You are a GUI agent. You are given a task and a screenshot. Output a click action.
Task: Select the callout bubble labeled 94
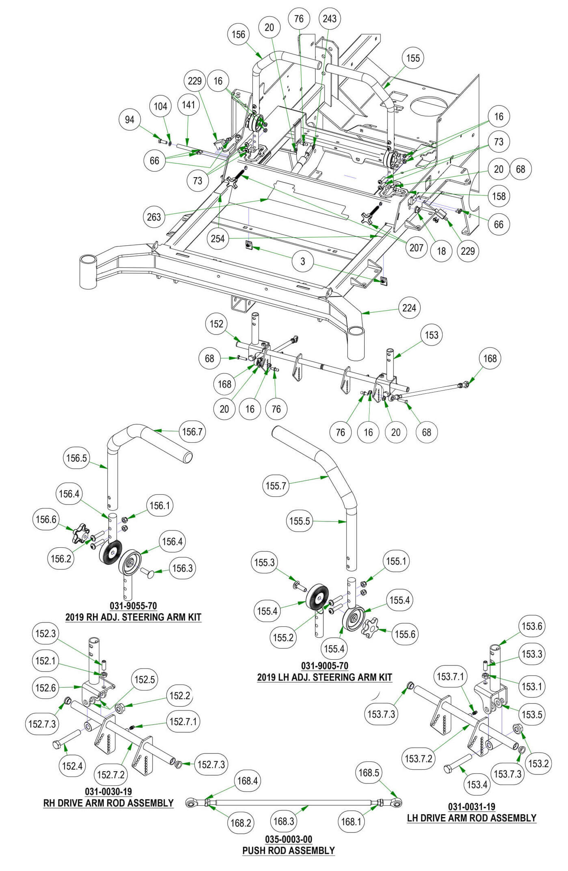coord(129,120)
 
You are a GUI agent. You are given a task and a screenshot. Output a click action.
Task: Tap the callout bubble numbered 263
coord(154,217)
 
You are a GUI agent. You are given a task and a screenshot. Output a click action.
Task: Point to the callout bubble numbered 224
coord(409,308)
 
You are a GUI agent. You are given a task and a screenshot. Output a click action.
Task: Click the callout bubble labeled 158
coord(499,196)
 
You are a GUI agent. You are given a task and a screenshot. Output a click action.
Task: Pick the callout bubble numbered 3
coord(303,262)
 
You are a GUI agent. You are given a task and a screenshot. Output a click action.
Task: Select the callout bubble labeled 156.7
coord(192,431)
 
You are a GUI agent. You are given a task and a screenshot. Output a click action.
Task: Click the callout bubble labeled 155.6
coord(404,634)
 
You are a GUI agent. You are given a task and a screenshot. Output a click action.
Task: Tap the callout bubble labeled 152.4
coord(73,766)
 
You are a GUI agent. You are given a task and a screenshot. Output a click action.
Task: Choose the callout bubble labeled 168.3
coord(284,821)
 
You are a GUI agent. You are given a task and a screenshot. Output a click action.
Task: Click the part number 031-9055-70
coord(133,606)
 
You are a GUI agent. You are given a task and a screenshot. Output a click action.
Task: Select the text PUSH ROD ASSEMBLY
coord(288,850)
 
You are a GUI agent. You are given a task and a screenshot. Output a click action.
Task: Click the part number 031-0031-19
coord(471,807)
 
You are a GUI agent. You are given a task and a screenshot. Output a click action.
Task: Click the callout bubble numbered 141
coord(189,105)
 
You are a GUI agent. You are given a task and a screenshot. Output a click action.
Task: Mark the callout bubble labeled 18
coord(441,251)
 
